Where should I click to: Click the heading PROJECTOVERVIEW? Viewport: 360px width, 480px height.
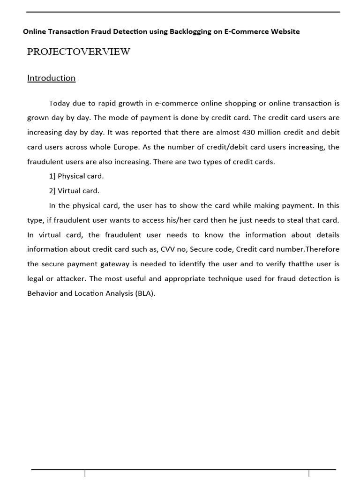pos(79,52)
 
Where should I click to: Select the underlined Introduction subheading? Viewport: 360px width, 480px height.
pos(51,78)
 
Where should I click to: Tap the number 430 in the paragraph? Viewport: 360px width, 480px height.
pos(248,132)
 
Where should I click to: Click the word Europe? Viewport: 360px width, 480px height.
pos(126,147)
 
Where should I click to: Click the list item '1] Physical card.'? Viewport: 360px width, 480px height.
pos(76,176)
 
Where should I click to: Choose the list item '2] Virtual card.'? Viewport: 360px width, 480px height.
pos(74,191)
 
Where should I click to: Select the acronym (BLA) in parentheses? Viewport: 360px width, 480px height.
pos(144,293)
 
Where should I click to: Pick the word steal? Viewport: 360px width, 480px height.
pos(294,220)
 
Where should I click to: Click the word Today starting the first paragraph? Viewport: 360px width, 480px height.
pos(59,103)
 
